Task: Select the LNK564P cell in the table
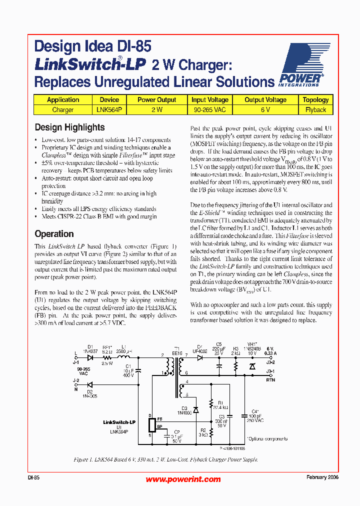tap(109, 109)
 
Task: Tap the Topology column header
tap(315, 99)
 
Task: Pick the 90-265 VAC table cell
tap(210, 109)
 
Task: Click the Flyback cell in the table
tap(315, 109)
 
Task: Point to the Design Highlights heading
tap(69, 127)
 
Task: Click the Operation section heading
tap(54, 234)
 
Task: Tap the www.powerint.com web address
tap(183, 479)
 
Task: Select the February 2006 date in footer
tap(322, 477)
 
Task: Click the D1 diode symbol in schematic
tap(90, 357)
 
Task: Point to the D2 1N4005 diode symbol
tap(90, 384)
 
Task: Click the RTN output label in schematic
tap(270, 379)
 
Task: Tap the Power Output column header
tap(156, 99)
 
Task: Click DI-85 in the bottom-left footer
tap(33, 477)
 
